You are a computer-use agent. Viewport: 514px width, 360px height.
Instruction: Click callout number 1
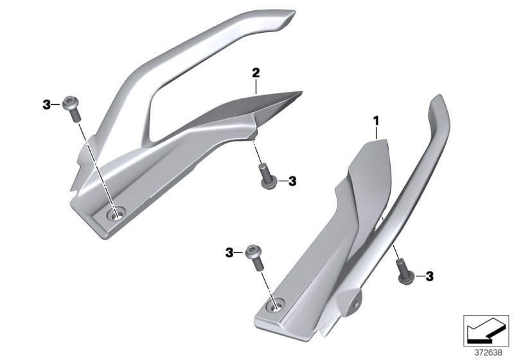pos(377,120)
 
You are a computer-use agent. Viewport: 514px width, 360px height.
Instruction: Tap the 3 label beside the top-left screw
pos(46,105)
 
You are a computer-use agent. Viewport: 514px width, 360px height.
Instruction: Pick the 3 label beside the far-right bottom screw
pos(429,276)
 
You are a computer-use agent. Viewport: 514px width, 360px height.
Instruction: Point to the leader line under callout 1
pos(377,132)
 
